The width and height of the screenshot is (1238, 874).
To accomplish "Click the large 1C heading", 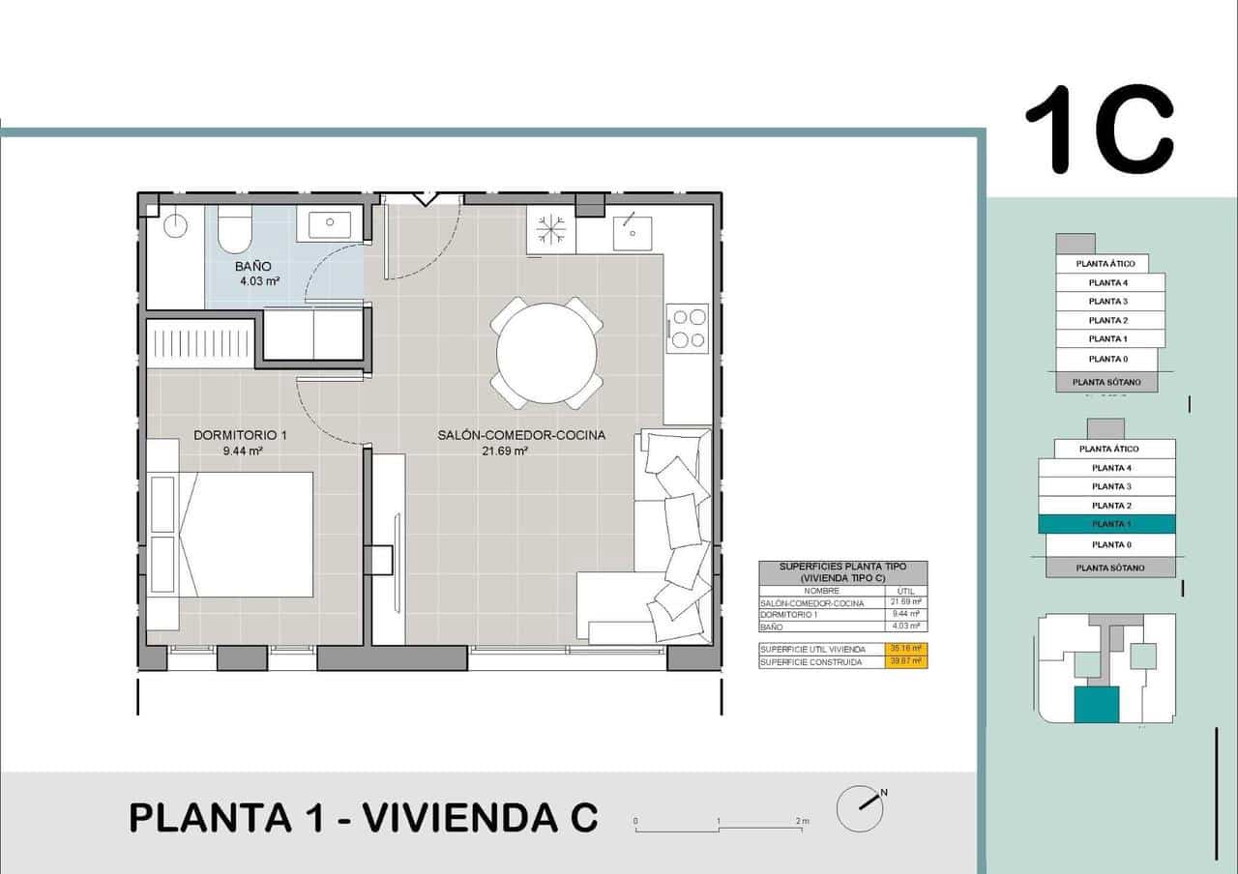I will [x=1100, y=131].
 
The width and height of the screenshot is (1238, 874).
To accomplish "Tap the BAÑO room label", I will [x=253, y=266].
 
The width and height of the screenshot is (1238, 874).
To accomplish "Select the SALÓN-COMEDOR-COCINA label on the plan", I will [x=520, y=435].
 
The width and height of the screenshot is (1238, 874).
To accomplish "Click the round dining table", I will [x=546, y=353].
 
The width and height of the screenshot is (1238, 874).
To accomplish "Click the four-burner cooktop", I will [x=688, y=327].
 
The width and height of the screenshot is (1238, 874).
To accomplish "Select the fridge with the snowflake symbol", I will [x=551, y=232].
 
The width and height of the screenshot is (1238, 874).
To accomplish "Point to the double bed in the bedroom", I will [x=247, y=534].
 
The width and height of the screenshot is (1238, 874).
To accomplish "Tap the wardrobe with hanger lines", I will [x=200, y=344].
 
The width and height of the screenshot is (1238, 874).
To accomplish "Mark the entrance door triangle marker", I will [x=424, y=199].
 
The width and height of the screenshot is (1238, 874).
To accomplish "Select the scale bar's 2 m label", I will [x=802, y=821].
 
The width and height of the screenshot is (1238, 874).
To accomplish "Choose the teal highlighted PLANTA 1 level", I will [x=1106, y=524].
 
